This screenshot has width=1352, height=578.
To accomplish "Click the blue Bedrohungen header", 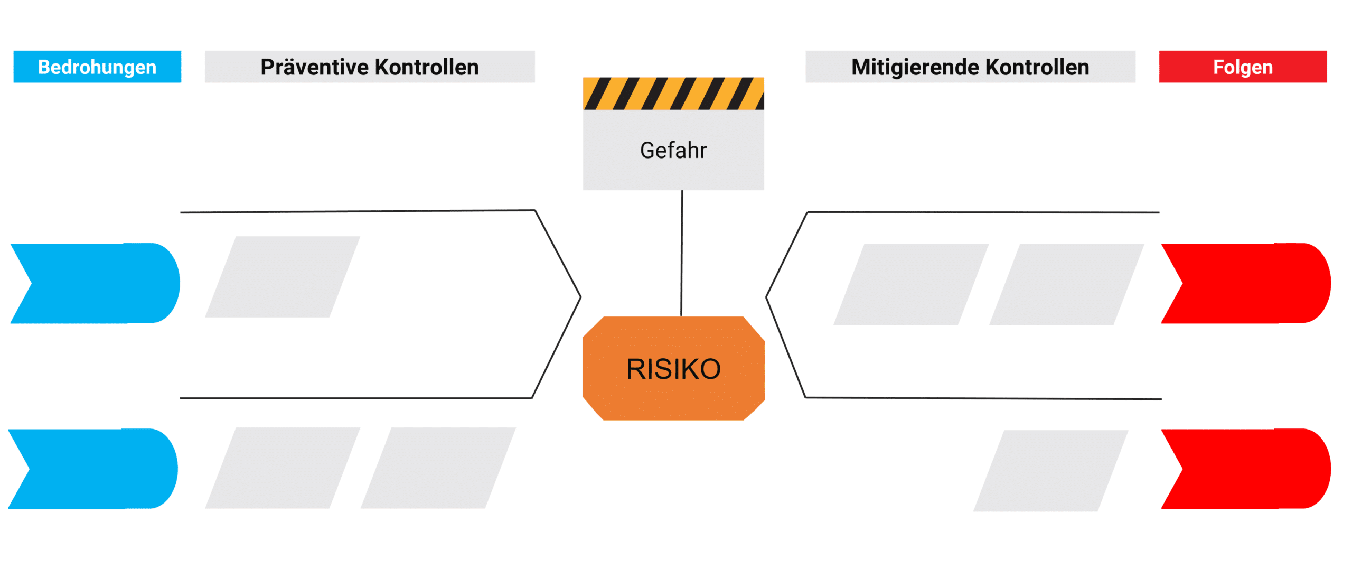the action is (x=97, y=67).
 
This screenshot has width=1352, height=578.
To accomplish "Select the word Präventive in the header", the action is (x=315, y=67).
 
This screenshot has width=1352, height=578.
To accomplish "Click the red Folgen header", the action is (x=1243, y=67).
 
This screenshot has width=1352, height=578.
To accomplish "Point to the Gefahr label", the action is (x=673, y=151).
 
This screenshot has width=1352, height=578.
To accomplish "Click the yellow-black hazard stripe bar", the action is (x=673, y=94).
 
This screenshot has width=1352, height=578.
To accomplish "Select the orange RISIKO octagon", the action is (x=673, y=368).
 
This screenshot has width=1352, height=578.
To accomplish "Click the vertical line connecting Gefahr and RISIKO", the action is (x=682, y=253).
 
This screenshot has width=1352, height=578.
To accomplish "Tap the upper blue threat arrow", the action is (x=95, y=283).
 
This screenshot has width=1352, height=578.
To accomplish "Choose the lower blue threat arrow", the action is (x=93, y=469).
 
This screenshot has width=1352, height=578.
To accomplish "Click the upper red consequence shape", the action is (x=1246, y=283).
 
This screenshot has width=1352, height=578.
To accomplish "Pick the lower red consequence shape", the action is (x=1246, y=469).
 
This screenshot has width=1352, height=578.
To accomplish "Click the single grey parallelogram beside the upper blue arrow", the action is (x=283, y=277).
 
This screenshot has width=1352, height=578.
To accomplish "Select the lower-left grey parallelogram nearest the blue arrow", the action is (x=283, y=468).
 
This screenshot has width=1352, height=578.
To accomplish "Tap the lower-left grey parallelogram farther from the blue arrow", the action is (x=438, y=468).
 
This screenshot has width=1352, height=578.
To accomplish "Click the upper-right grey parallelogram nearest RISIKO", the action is (x=911, y=284).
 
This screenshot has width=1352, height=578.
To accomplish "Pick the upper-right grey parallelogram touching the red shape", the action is (x=1067, y=284).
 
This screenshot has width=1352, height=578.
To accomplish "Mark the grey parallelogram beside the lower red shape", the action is (x=1051, y=471).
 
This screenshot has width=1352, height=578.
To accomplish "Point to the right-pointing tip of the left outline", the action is (x=580, y=297).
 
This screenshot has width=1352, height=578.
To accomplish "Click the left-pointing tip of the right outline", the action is (x=767, y=297).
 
